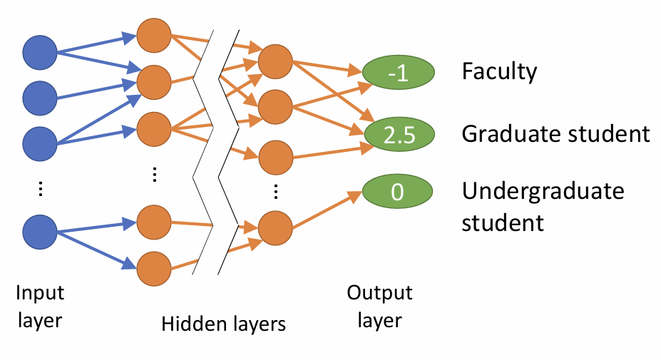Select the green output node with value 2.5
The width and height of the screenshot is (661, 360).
(x=399, y=133)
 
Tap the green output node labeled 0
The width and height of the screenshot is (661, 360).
(x=399, y=192)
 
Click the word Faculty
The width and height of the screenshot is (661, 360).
(x=499, y=72)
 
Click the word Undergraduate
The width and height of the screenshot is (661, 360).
(x=543, y=192)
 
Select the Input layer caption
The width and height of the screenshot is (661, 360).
(x=40, y=307)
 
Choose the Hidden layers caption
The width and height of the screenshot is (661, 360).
(x=223, y=324)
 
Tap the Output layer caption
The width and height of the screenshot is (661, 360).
(x=379, y=307)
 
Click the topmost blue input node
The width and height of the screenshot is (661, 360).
(x=40, y=52)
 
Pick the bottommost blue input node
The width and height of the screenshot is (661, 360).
(x=40, y=231)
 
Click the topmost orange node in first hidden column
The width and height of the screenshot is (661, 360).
(x=153, y=36)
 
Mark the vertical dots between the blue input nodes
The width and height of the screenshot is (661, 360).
(x=40, y=188)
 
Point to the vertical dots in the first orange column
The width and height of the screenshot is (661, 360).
(x=153, y=175)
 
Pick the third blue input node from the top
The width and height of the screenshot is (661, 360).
(x=40, y=143)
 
